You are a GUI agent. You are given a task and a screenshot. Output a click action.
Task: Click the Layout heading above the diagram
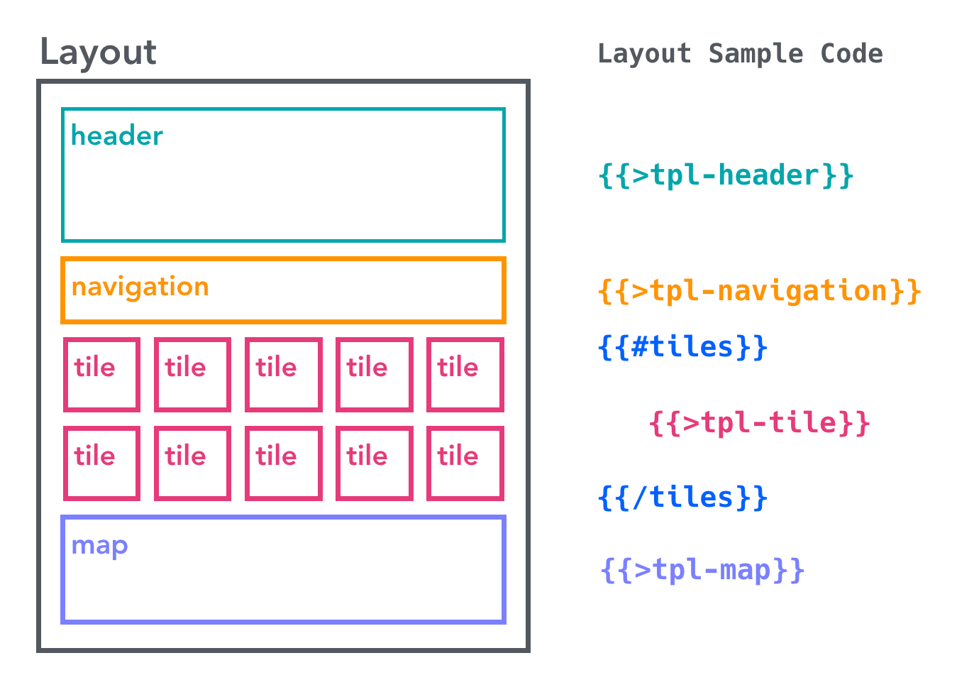98,53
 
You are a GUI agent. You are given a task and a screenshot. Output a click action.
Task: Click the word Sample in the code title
756,54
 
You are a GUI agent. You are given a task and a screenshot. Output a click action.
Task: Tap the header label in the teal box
117,136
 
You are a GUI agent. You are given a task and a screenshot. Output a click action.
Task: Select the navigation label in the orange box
140,287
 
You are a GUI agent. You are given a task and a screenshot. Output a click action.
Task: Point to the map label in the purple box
100,545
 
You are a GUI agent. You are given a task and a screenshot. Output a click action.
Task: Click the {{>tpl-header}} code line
726,175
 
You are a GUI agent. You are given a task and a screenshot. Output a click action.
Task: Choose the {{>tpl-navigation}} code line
759,291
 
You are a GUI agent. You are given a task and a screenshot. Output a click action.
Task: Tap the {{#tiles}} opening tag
682,347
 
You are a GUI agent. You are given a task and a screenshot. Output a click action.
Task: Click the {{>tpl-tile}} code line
759,423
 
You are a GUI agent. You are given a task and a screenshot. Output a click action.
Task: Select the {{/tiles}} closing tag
682,497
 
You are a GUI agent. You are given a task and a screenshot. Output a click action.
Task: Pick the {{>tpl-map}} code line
702,570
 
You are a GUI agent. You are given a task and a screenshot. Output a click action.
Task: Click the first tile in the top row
101,375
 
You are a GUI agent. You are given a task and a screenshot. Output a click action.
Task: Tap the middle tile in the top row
283,375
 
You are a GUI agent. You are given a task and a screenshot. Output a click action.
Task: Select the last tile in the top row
465,375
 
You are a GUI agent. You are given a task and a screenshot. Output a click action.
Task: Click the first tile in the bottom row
101,463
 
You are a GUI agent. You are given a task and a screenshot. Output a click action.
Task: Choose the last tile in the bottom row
465,463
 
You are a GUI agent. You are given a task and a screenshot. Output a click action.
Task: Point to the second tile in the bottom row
192,463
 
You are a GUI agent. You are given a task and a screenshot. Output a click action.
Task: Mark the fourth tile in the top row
374,375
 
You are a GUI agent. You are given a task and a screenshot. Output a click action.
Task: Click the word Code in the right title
851,54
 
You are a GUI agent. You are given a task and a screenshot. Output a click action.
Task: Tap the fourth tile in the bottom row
374,463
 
